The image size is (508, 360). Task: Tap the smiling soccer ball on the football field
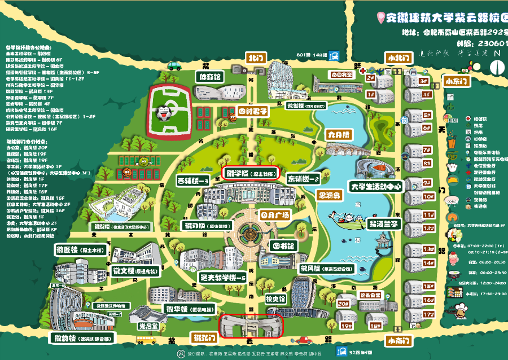tap(164, 112)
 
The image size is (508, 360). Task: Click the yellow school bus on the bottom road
tap(146, 340)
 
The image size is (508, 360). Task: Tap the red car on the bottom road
tap(304, 340)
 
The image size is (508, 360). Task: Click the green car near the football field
tap(144, 161)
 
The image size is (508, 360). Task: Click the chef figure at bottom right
tap(462, 311)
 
